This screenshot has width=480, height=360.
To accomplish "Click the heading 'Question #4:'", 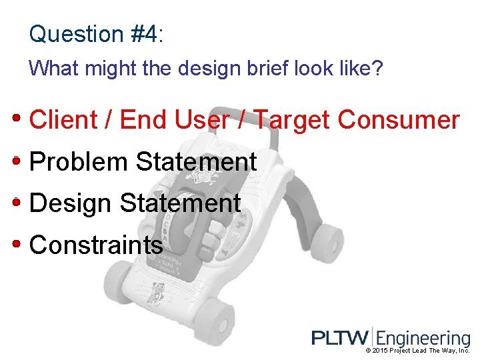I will click(x=96, y=33).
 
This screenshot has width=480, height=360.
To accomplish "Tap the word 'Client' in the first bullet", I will click(x=64, y=120).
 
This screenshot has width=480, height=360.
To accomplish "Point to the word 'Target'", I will click(x=293, y=121).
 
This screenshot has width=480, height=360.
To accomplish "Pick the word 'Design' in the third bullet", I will click(x=71, y=203).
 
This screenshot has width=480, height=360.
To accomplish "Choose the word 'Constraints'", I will click(x=96, y=245).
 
